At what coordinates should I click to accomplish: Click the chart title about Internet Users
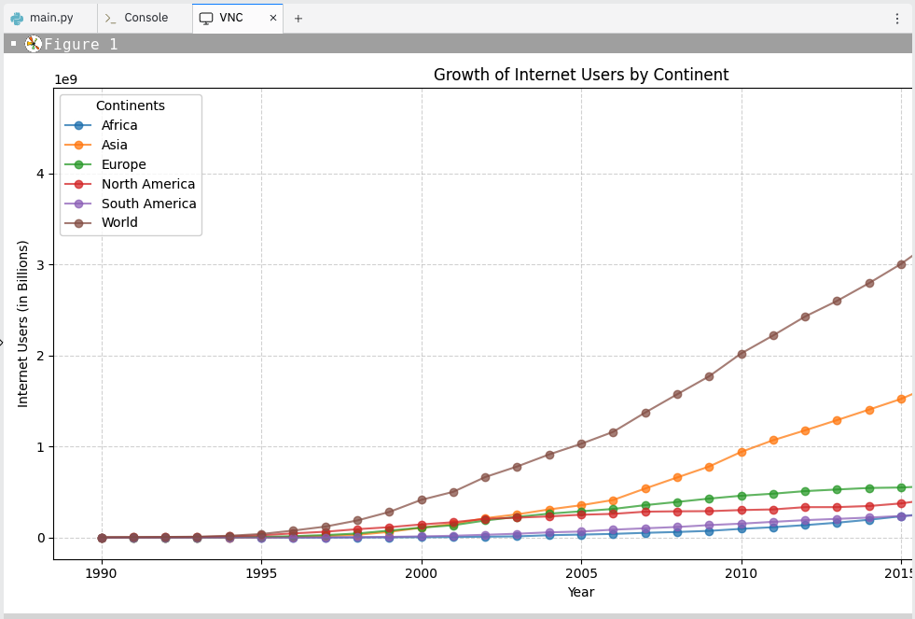pyautogui.click(x=580, y=76)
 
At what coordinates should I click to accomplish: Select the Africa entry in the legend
pyautogui.click(x=118, y=125)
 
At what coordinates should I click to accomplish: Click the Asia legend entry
pyautogui.click(x=114, y=145)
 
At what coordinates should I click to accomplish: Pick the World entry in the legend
pyautogui.click(x=119, y=222)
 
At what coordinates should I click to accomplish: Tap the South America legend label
pyautogui.click(x=148, y=204)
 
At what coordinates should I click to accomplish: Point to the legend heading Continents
pyautogui.click(x=131, y=106)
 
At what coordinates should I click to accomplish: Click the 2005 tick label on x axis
pyautogui.click(x=581, y=572)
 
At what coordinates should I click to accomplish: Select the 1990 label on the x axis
pyautogui.click(x=102, y=572)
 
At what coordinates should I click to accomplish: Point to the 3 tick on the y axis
pyautogui.click(x=40, y=265)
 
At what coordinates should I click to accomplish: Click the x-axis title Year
pyautogui.click(x=580, y=592)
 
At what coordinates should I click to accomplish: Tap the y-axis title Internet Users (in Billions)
pyautogui.click(x=23, y=323)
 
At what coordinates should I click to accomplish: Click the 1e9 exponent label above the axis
pyautogui.click(x=66, y=79)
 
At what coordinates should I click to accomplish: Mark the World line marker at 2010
pyautogui.click(x=742, y=354)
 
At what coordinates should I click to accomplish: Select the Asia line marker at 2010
pyautogui.click(x=742, y=452)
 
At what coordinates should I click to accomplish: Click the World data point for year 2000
pyautogui.click(x=422, y=499)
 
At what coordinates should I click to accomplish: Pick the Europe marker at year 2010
pyautogui.click(x=742, y=496)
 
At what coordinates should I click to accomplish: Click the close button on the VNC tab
pyautogui.click(x=273, y=18)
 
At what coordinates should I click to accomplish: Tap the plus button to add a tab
pyautogui.click(x=298, y=18)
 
